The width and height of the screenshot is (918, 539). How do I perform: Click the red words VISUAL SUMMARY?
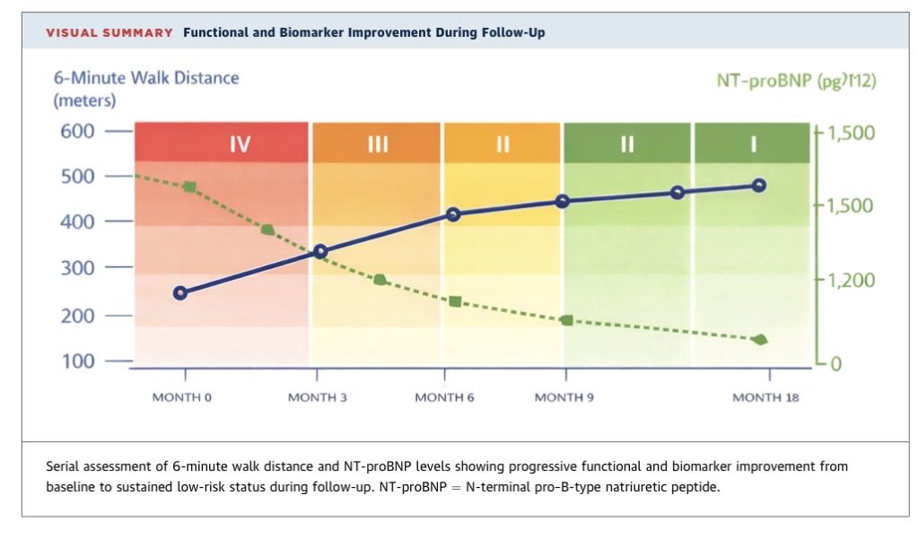coord(109,33)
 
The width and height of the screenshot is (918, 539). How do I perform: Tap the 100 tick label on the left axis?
coord(78,361)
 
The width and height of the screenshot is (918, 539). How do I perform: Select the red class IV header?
coord(222,143)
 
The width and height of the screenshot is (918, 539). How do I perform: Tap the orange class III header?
coord(377,143)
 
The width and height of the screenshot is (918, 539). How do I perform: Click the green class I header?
coord(752,143)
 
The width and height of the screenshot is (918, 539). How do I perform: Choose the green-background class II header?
coord(627,143)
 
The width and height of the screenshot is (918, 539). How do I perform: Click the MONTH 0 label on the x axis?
coord(181,397)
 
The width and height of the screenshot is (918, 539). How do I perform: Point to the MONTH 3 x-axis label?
coord(318,397)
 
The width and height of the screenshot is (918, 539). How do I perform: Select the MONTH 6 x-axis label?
coord(444,397)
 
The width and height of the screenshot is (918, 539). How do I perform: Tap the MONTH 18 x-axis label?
coord(765,397)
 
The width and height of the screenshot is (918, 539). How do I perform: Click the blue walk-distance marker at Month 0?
coord(180,292)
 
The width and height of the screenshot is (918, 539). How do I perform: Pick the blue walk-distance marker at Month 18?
coord(759,186)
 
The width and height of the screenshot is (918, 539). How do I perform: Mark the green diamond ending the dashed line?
coord(760,339)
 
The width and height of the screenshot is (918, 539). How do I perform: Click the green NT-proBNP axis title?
coord(796,80)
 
